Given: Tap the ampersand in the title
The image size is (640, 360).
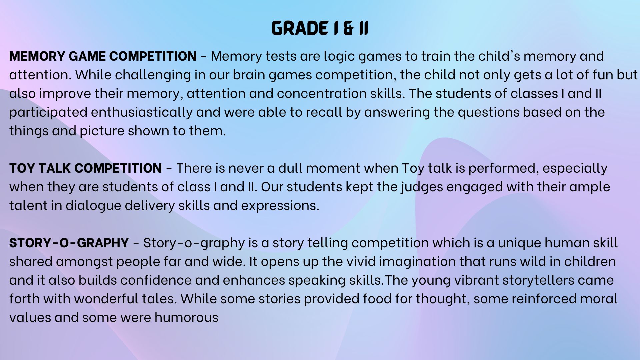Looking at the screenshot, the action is point(348,28).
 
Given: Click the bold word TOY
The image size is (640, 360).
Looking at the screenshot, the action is point(22,168).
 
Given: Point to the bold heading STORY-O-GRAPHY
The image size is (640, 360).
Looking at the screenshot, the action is point(69,243).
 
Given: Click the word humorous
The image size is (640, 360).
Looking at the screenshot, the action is point(186,317).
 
